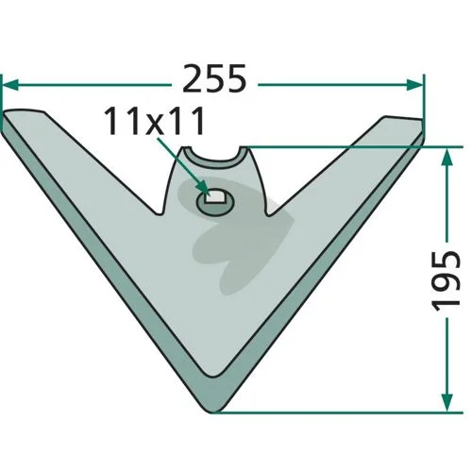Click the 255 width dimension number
[x=214, y=78]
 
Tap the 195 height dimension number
[x=447, y=280]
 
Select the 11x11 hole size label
[x=154, y=121]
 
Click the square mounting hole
[x=214, y=197]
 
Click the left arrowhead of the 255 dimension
[x=10, y=84]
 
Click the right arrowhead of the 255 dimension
[x=414, y=84]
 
